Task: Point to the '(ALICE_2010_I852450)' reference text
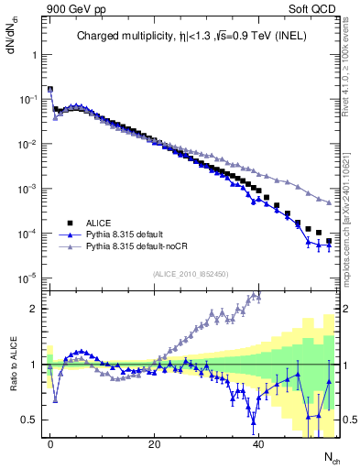tap(191, 272)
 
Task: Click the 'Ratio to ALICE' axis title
tap(12, 365)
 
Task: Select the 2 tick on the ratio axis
tap(37, 309)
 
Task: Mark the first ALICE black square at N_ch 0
tap(49, 90)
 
